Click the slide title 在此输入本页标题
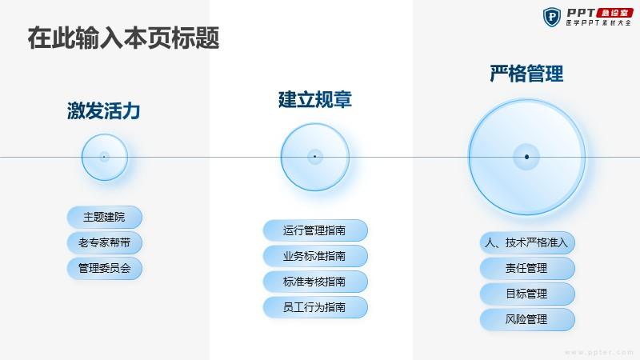(124, 38)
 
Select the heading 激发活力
(104, 111)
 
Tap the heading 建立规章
(314, 99)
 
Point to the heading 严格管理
(526, 74)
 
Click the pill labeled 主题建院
(105, 217)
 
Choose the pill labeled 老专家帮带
(105, 243)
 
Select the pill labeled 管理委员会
(105, 268)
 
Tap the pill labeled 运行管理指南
(315, 230)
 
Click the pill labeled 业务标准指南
(315, 256)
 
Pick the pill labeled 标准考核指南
(315, 282)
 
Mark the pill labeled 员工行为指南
(315, 307)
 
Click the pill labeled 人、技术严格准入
(527, 243)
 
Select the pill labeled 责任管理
(527, 268)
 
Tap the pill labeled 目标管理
(527, 294)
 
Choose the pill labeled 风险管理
(527, 319)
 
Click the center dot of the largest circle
(526, 157)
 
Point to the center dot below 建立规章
(314, 157)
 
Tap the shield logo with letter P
(552, 17)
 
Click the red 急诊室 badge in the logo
(614, 13)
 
